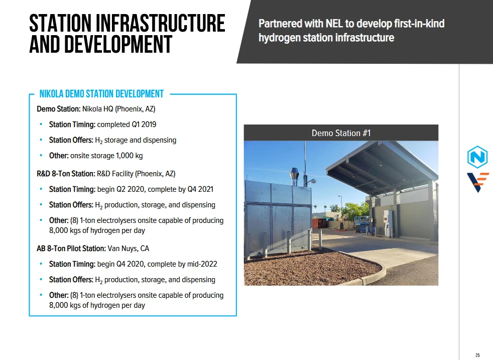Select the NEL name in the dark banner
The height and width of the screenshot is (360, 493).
pyautogui.click(x=334, y=24)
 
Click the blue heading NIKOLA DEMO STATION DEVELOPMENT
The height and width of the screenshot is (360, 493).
pyautogui.click(x=101, y=94)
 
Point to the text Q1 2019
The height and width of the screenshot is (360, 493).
pyautogui.click(x=144, y=125)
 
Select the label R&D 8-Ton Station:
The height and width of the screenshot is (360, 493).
pyautogui.click(x=66, y=174)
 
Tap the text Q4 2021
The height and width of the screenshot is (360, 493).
pyautogui.click(x=200, y=189)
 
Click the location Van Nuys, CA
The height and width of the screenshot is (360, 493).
pyautogui.click(x=129, y=249)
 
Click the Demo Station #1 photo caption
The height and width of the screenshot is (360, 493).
pyautogui.click(x=341, y=133)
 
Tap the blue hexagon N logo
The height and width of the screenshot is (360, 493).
pyautogui.click(x=477, y=157)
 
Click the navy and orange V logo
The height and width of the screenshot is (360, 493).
pyautogui.click(x=478, y=182)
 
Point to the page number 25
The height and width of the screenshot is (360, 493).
pyautogui.click(x=477, y=355)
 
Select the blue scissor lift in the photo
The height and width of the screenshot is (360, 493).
pyautogui.click(x=362, y=224)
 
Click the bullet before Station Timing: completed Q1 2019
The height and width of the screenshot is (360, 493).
pyautogui.click(x=41, y=125)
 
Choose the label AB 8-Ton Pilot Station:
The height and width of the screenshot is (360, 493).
pyautogui.click(x=71, y=249)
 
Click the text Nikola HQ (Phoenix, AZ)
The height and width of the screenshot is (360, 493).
pyautogui.click(x=119, y=109)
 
